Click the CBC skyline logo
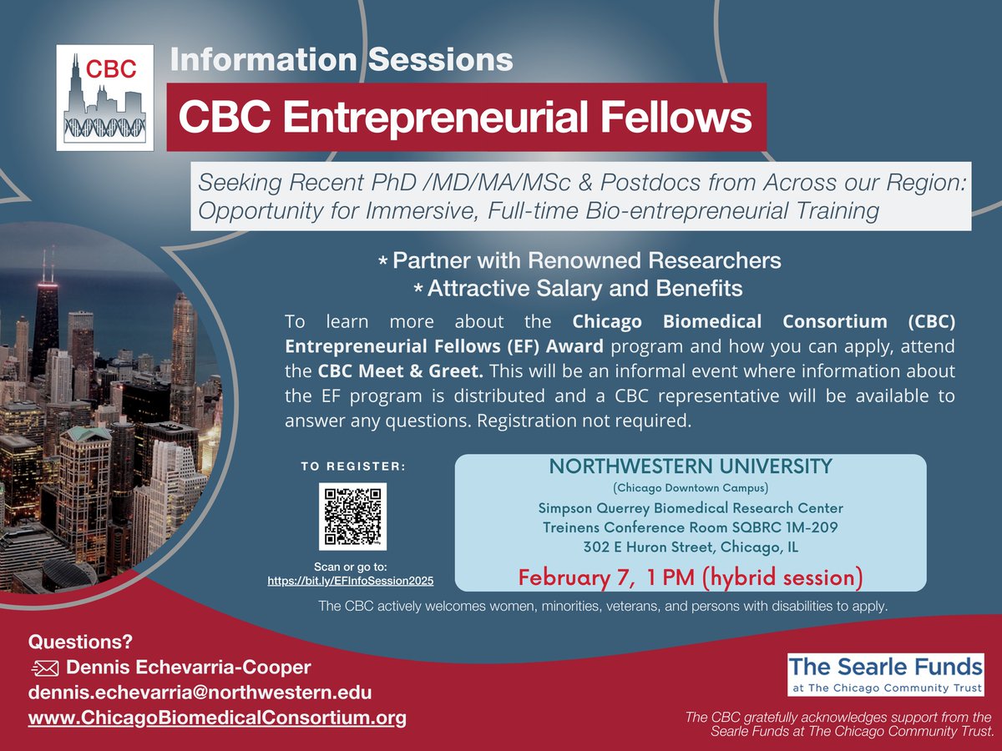[105, 97]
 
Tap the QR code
[352, 516]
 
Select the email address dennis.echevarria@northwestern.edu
[200, 693]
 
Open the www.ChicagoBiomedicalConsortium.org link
[217, 718]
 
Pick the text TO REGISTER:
[352, 467]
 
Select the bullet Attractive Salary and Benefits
[584, 289]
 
